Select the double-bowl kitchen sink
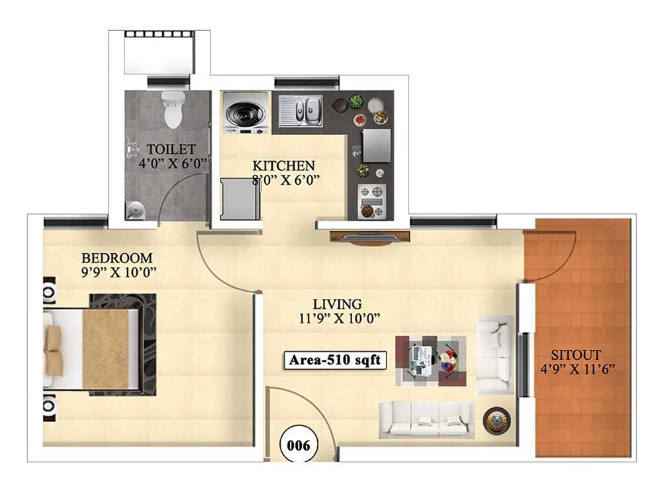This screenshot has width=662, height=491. click(301, 110)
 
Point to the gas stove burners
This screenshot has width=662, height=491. click(371, 199)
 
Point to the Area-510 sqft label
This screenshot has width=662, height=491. click(336, 360)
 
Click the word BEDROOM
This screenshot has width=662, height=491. click(117, 257)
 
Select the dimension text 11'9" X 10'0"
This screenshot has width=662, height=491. click(338, 318)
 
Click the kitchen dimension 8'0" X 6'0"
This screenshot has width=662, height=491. click(286, 178)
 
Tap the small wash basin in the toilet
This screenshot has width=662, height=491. click(136, 211)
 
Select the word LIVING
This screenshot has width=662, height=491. click(338, 304)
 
